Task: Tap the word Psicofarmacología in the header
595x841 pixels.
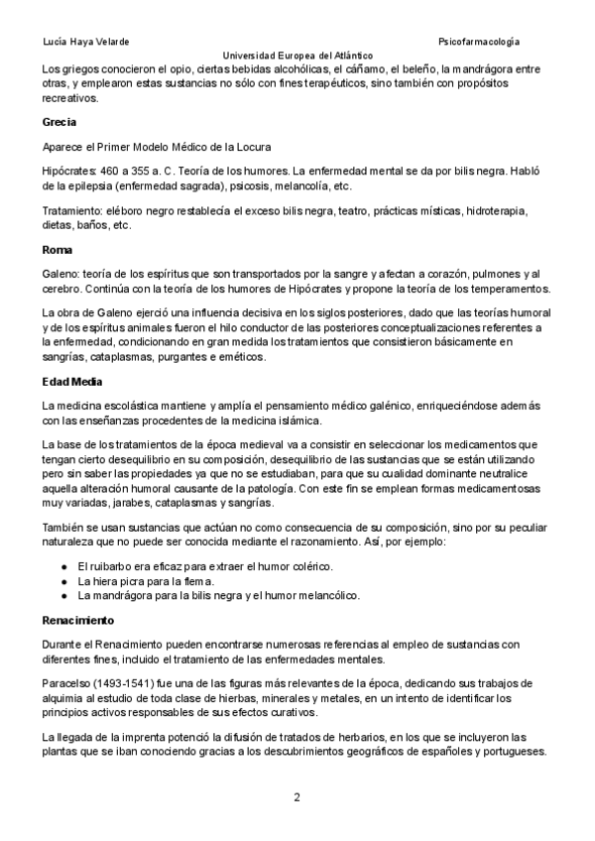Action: tap(479, 42)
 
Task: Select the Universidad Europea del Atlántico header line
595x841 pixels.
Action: tap(297, 57)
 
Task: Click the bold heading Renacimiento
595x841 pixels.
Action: tap(78, 620)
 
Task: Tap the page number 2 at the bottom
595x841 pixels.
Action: tap(297, 796)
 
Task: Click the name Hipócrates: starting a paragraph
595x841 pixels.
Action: tap(69, 171)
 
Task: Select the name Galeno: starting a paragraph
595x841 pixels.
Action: tap(61, 274)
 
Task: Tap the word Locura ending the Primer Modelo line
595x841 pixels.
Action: tap(250, 146)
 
